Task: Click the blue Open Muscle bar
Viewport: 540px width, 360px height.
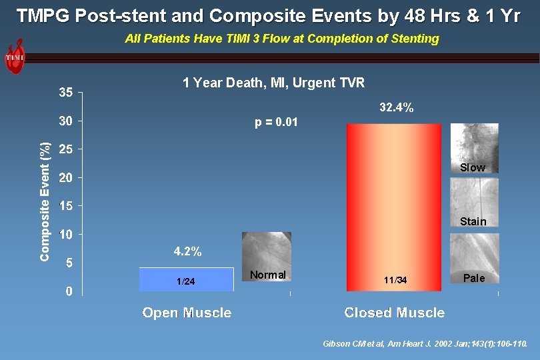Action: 186,279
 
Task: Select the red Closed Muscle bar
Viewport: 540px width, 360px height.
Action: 394,207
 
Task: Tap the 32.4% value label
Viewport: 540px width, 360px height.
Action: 397,107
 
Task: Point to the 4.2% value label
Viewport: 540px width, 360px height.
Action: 187,252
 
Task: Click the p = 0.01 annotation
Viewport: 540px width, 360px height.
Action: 276,123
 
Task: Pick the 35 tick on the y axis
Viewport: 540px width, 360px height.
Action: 65,93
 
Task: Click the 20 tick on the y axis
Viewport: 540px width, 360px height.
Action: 65,178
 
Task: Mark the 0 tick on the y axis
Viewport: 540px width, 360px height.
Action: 69,291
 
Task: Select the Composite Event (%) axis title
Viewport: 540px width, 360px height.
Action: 45,201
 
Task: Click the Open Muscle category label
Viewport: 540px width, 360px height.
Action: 187,313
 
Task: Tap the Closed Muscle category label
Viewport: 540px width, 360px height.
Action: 394,313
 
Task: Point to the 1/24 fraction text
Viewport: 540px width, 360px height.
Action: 186,281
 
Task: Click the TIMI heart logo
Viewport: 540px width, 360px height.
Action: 15,57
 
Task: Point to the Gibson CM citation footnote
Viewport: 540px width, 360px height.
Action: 425,344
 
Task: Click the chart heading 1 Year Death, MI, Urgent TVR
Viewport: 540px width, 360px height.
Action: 273,83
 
